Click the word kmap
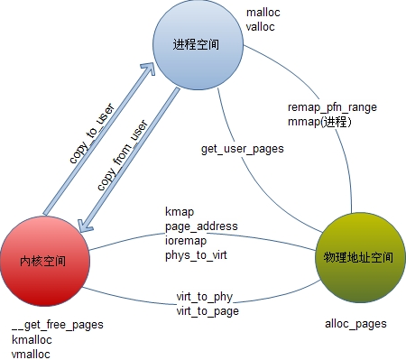coord(179,211)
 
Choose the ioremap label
coord(187,240)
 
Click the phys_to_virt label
coord(198,254)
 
